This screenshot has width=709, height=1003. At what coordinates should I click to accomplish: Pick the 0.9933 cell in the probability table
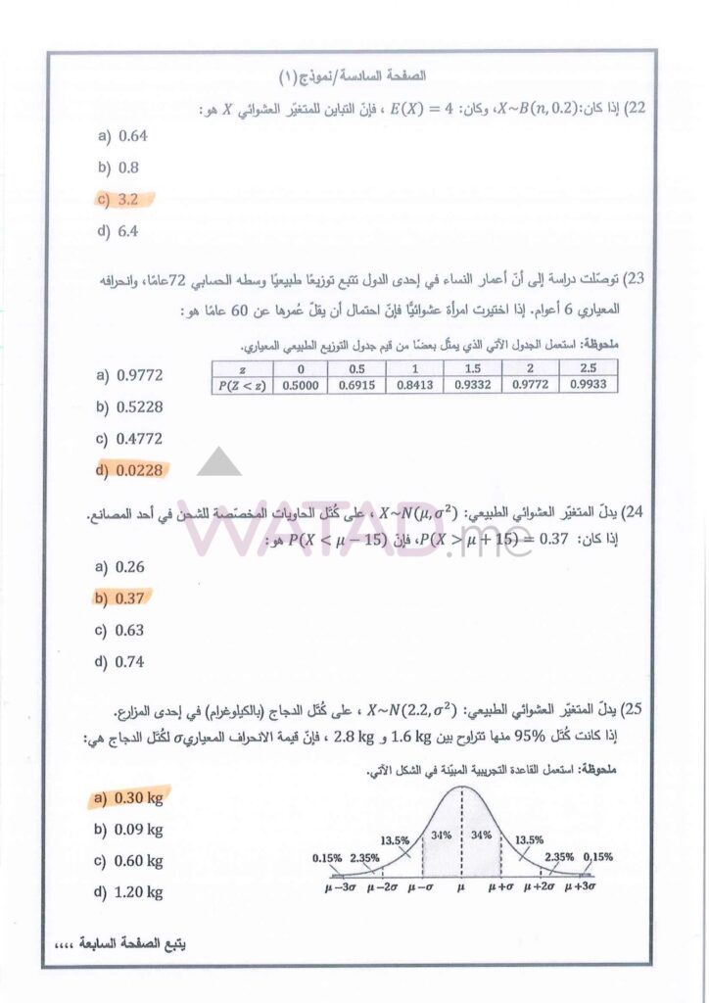[590, 385]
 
